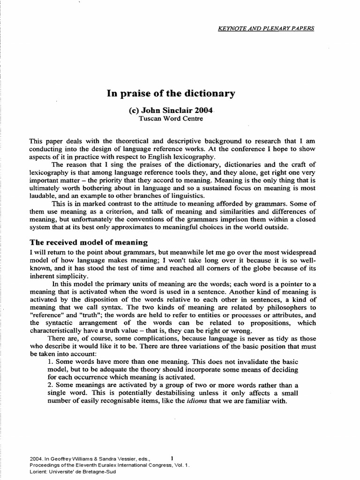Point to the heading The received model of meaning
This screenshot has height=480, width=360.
(89, 242)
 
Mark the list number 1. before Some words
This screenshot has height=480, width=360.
(51, 362)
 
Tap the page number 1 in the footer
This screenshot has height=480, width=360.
(172, 457)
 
